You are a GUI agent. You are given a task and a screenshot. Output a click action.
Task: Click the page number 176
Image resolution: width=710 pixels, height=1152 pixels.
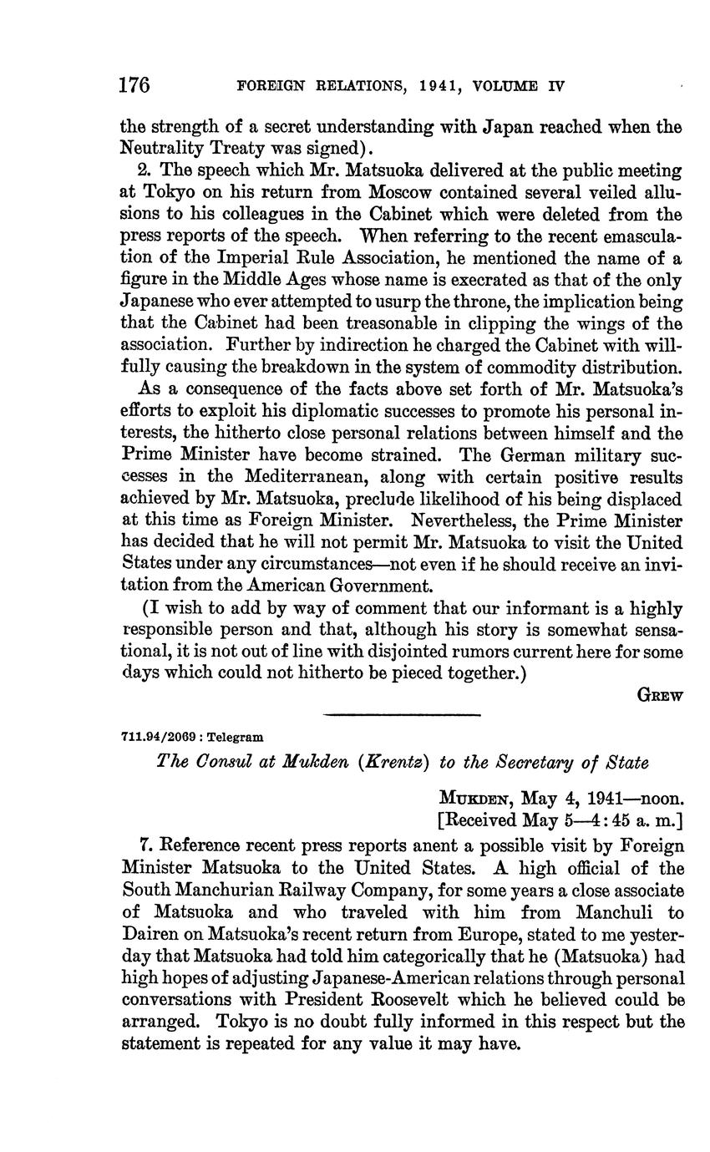click(x=134, y=85)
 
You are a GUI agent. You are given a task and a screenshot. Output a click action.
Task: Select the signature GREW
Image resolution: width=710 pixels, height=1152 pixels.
click(x=660, y=694)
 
